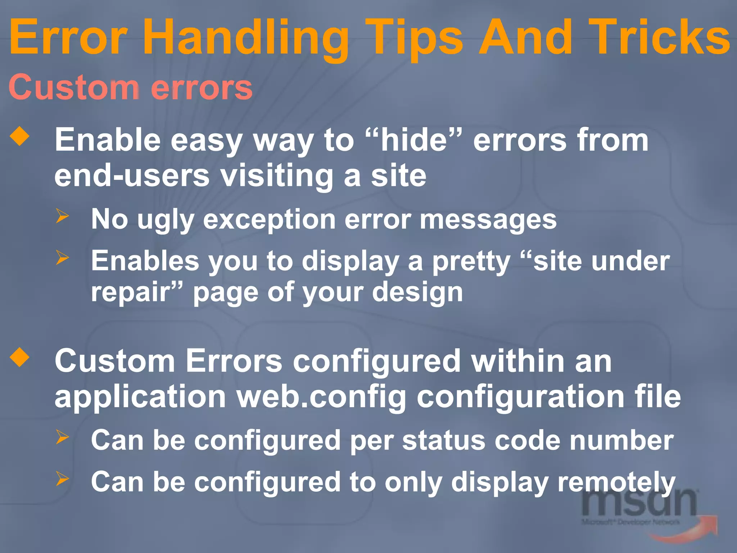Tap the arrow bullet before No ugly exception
[x=62, y=216]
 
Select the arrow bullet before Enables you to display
[x=62, y=257]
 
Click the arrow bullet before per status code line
[x=62, y=437]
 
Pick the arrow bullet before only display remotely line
[x=62, y=479]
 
